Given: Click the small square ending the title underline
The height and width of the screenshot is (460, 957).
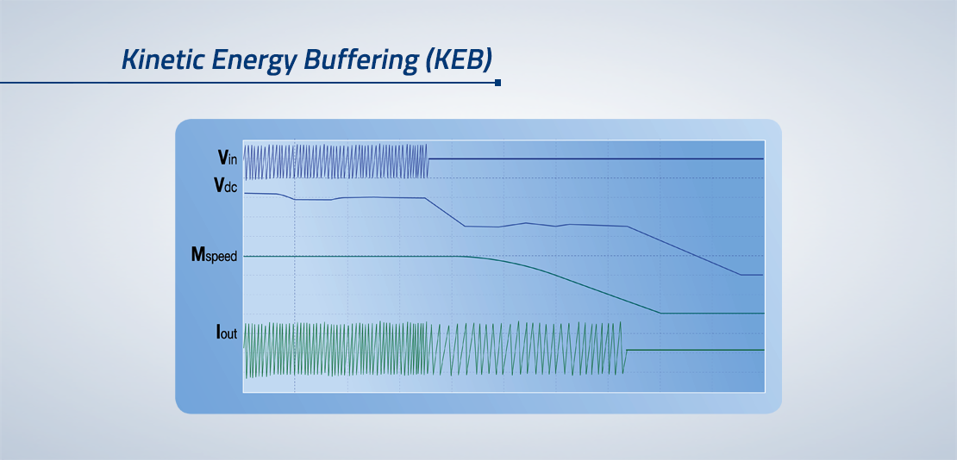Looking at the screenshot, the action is pyautogui.click(x=498, y=83).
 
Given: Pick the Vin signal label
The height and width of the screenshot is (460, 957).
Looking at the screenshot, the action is pyautogui.click(x=228, y=158).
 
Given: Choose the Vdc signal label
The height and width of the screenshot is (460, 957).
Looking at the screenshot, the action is pyautogui.click(x=225, y=186).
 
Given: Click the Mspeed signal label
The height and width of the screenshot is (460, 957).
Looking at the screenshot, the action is pyautogui.click(x=214, y=256).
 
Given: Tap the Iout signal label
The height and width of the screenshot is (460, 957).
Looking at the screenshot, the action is pyautogui.click(x=227, y=333).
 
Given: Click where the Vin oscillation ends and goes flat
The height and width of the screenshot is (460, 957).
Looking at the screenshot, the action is pyautogui.click(x=428, y=159).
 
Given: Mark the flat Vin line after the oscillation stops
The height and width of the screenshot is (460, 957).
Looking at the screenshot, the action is pyautogui.click(x=596, y=159).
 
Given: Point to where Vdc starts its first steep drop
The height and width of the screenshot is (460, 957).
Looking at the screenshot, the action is pyautogui.click(x=425, y=197).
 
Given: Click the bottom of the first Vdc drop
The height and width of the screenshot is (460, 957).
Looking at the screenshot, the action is pyautogui.click(x=465, y=227).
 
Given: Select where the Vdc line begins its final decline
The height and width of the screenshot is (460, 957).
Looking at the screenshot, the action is pyautogui.click(x=627, y=227).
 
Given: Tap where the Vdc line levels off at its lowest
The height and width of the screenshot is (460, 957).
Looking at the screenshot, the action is pyautogui.click(x=741, y=275).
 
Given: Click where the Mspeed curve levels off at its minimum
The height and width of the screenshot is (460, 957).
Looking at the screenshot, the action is pyautogui.click(x=661, y=313).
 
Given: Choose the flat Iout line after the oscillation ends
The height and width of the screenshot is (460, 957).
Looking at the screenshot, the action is pyautogui.click(x=695, y=351).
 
